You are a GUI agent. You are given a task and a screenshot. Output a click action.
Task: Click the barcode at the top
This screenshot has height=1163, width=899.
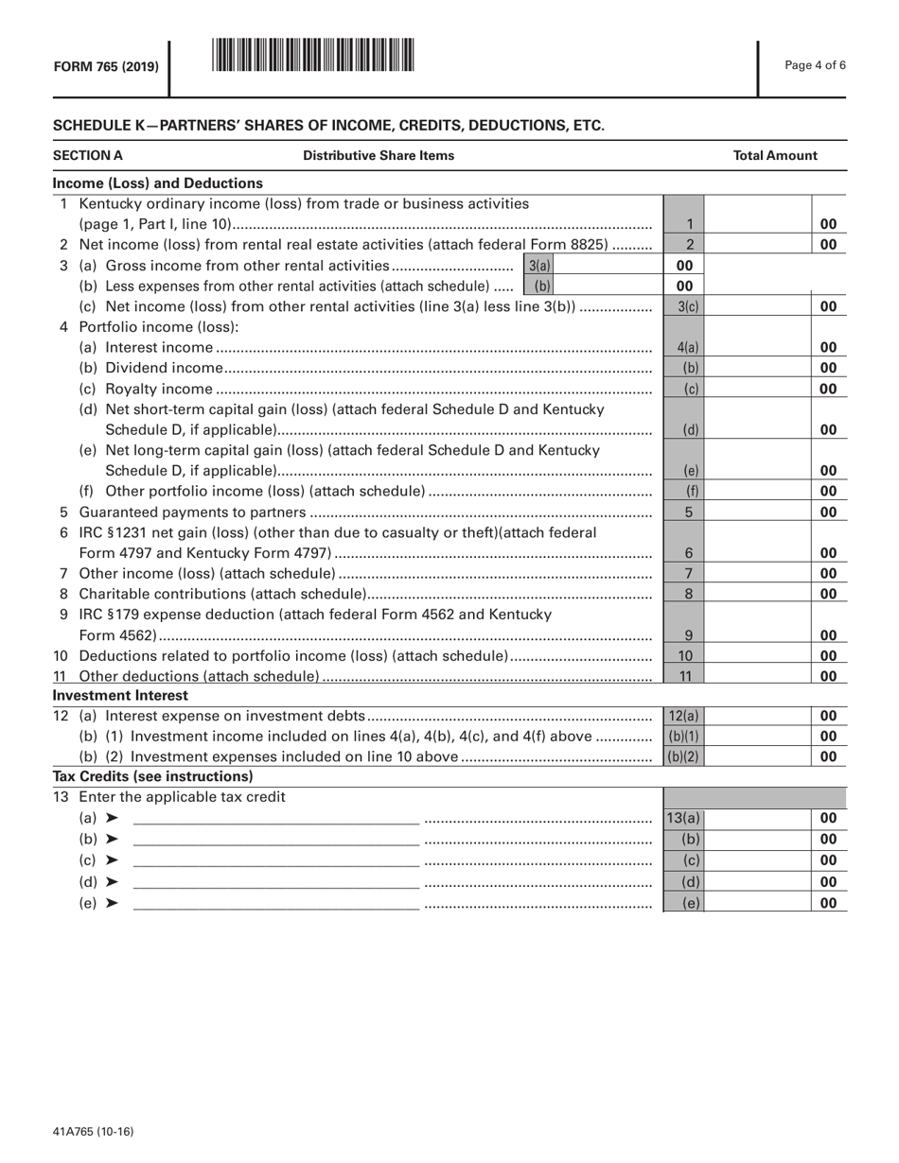pyautogui.click(x=313, y=55)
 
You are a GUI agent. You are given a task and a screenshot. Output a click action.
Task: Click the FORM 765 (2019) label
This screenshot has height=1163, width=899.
pyautogui.click(x=106, y=66)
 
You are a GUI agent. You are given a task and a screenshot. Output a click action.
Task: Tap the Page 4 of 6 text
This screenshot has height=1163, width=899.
pyautogui.click(x=816, y=65)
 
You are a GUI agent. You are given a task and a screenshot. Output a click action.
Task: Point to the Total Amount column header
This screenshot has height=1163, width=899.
pyautogui.click(x=775, y=155)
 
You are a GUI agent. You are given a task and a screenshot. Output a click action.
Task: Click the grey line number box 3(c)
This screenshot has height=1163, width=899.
pyautogui.click(x=688, y=306)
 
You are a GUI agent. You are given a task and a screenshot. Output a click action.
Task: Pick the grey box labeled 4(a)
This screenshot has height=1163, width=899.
pyautogui.click(x=688, y=347)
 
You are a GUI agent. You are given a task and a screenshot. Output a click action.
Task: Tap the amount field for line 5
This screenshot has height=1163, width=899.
pyautogui.click(x=759, y=512)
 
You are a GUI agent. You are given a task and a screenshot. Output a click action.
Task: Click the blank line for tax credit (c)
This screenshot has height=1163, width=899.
pyautogui.click(x=275, y=860)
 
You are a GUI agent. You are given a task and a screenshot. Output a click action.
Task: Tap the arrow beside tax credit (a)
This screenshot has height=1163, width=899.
pyautogui.click(x=113, y=819)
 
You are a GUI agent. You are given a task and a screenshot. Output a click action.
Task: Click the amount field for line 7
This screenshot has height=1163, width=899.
pyautogui.click(x=759, y=573)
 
